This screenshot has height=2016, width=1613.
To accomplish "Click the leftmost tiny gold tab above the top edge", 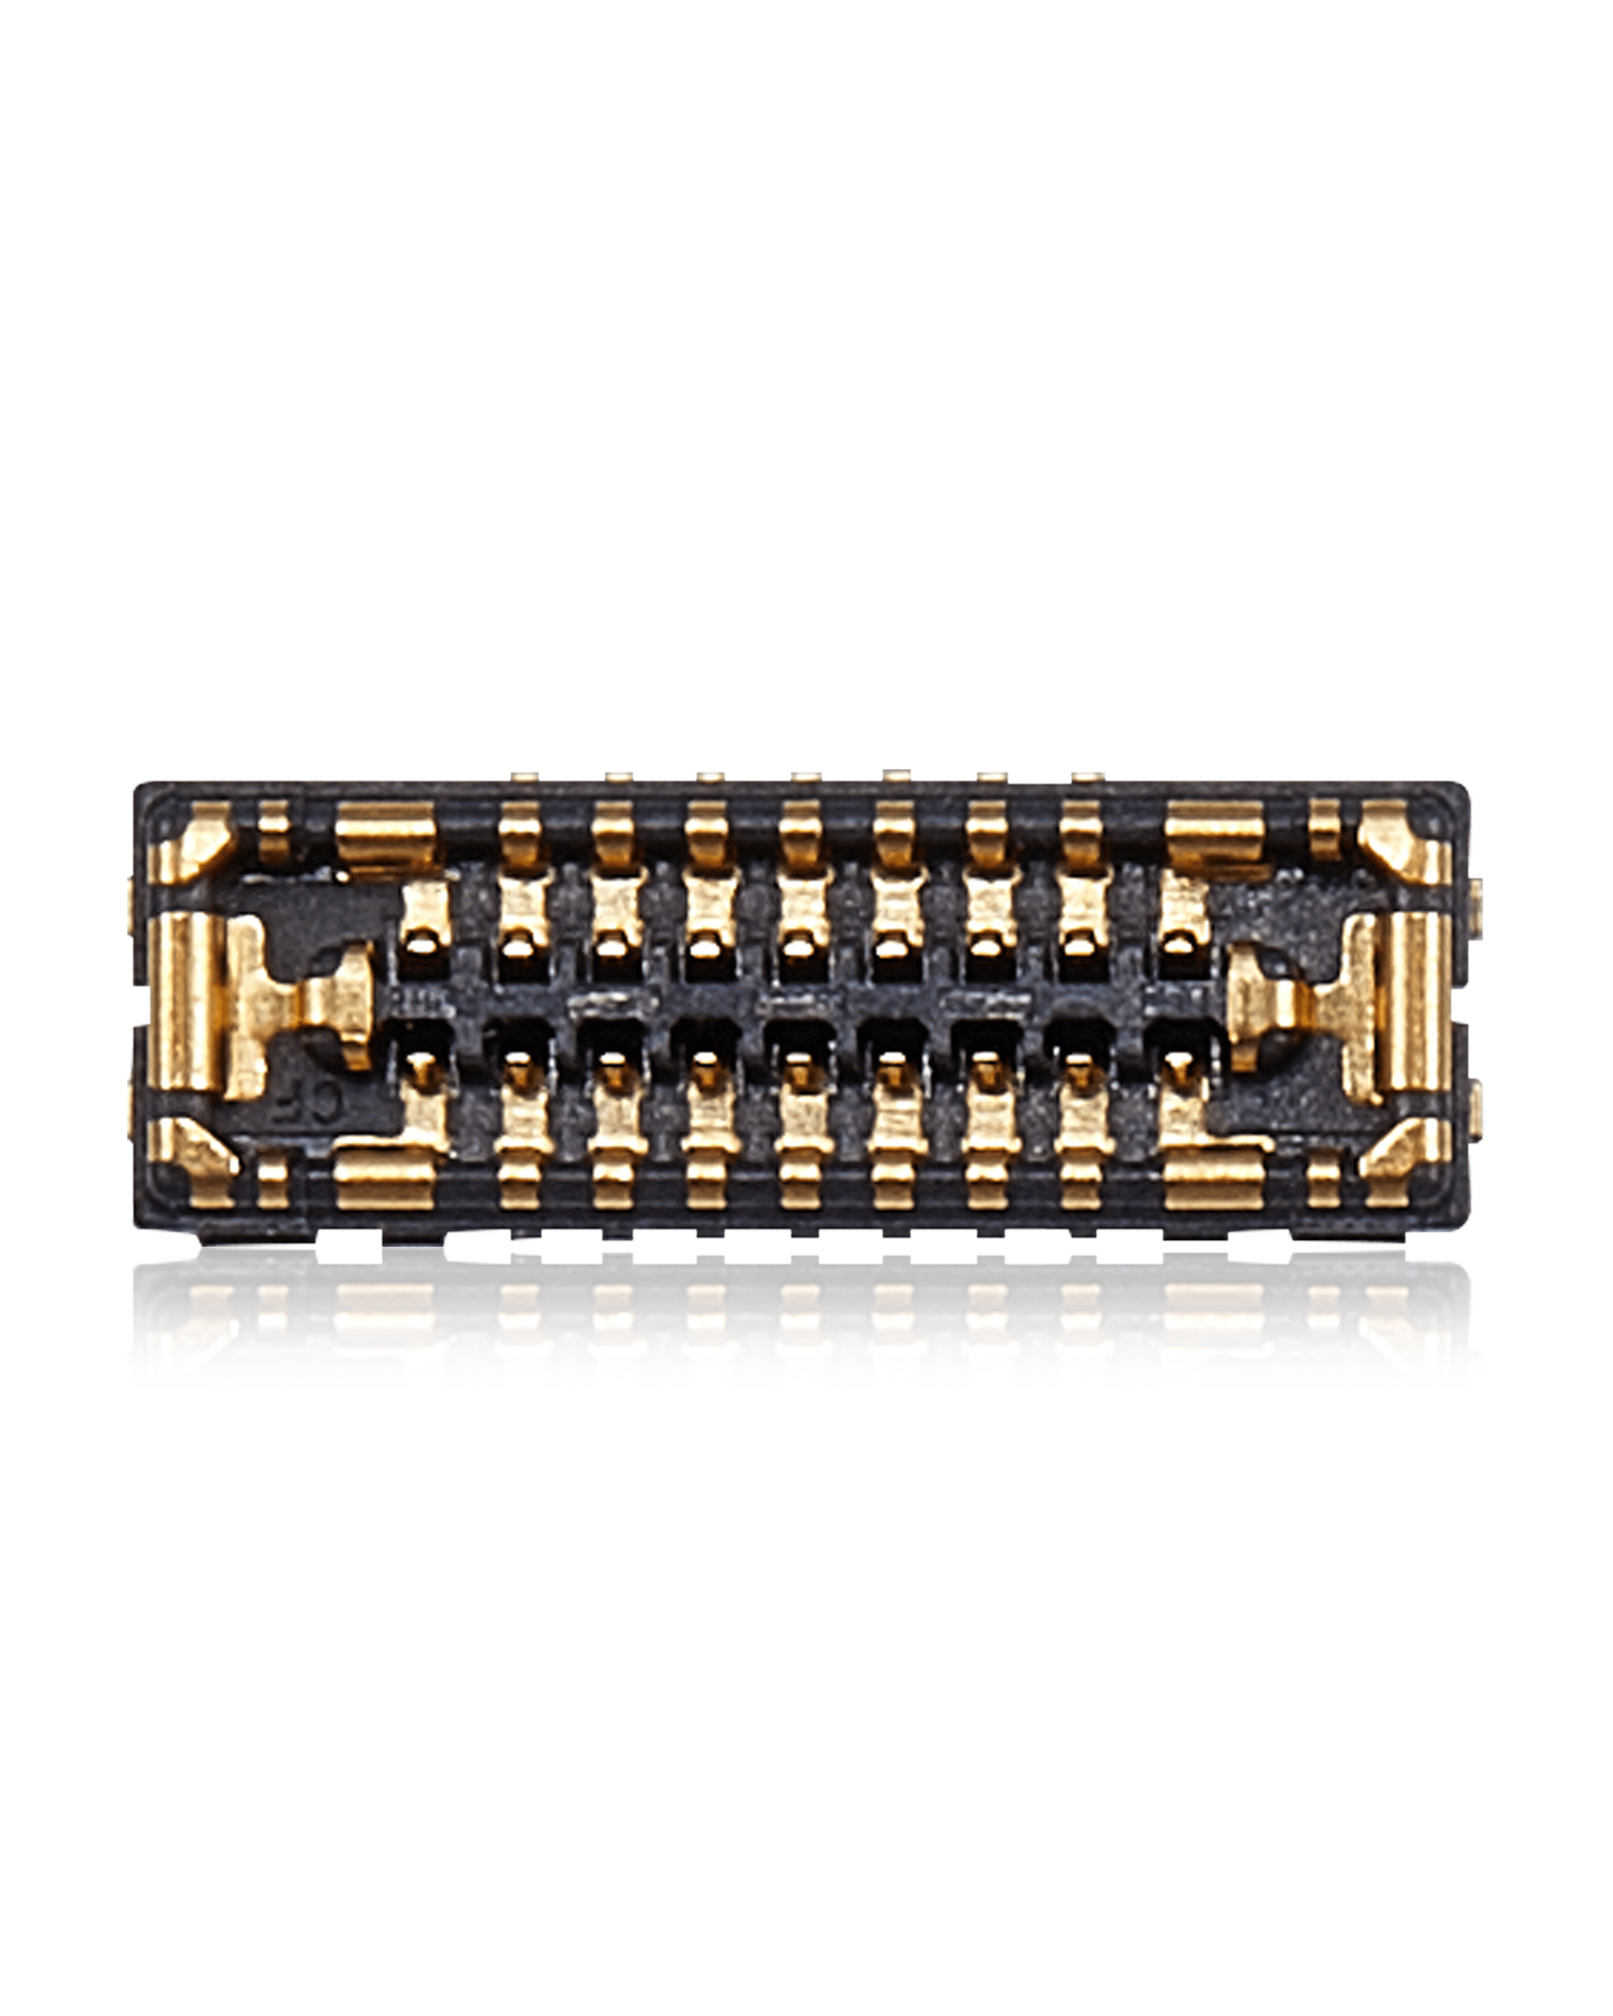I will point(524,776).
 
